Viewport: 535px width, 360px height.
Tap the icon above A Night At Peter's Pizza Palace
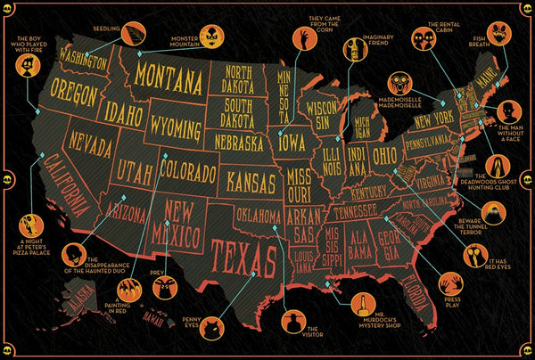click(x=34, y=222)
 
